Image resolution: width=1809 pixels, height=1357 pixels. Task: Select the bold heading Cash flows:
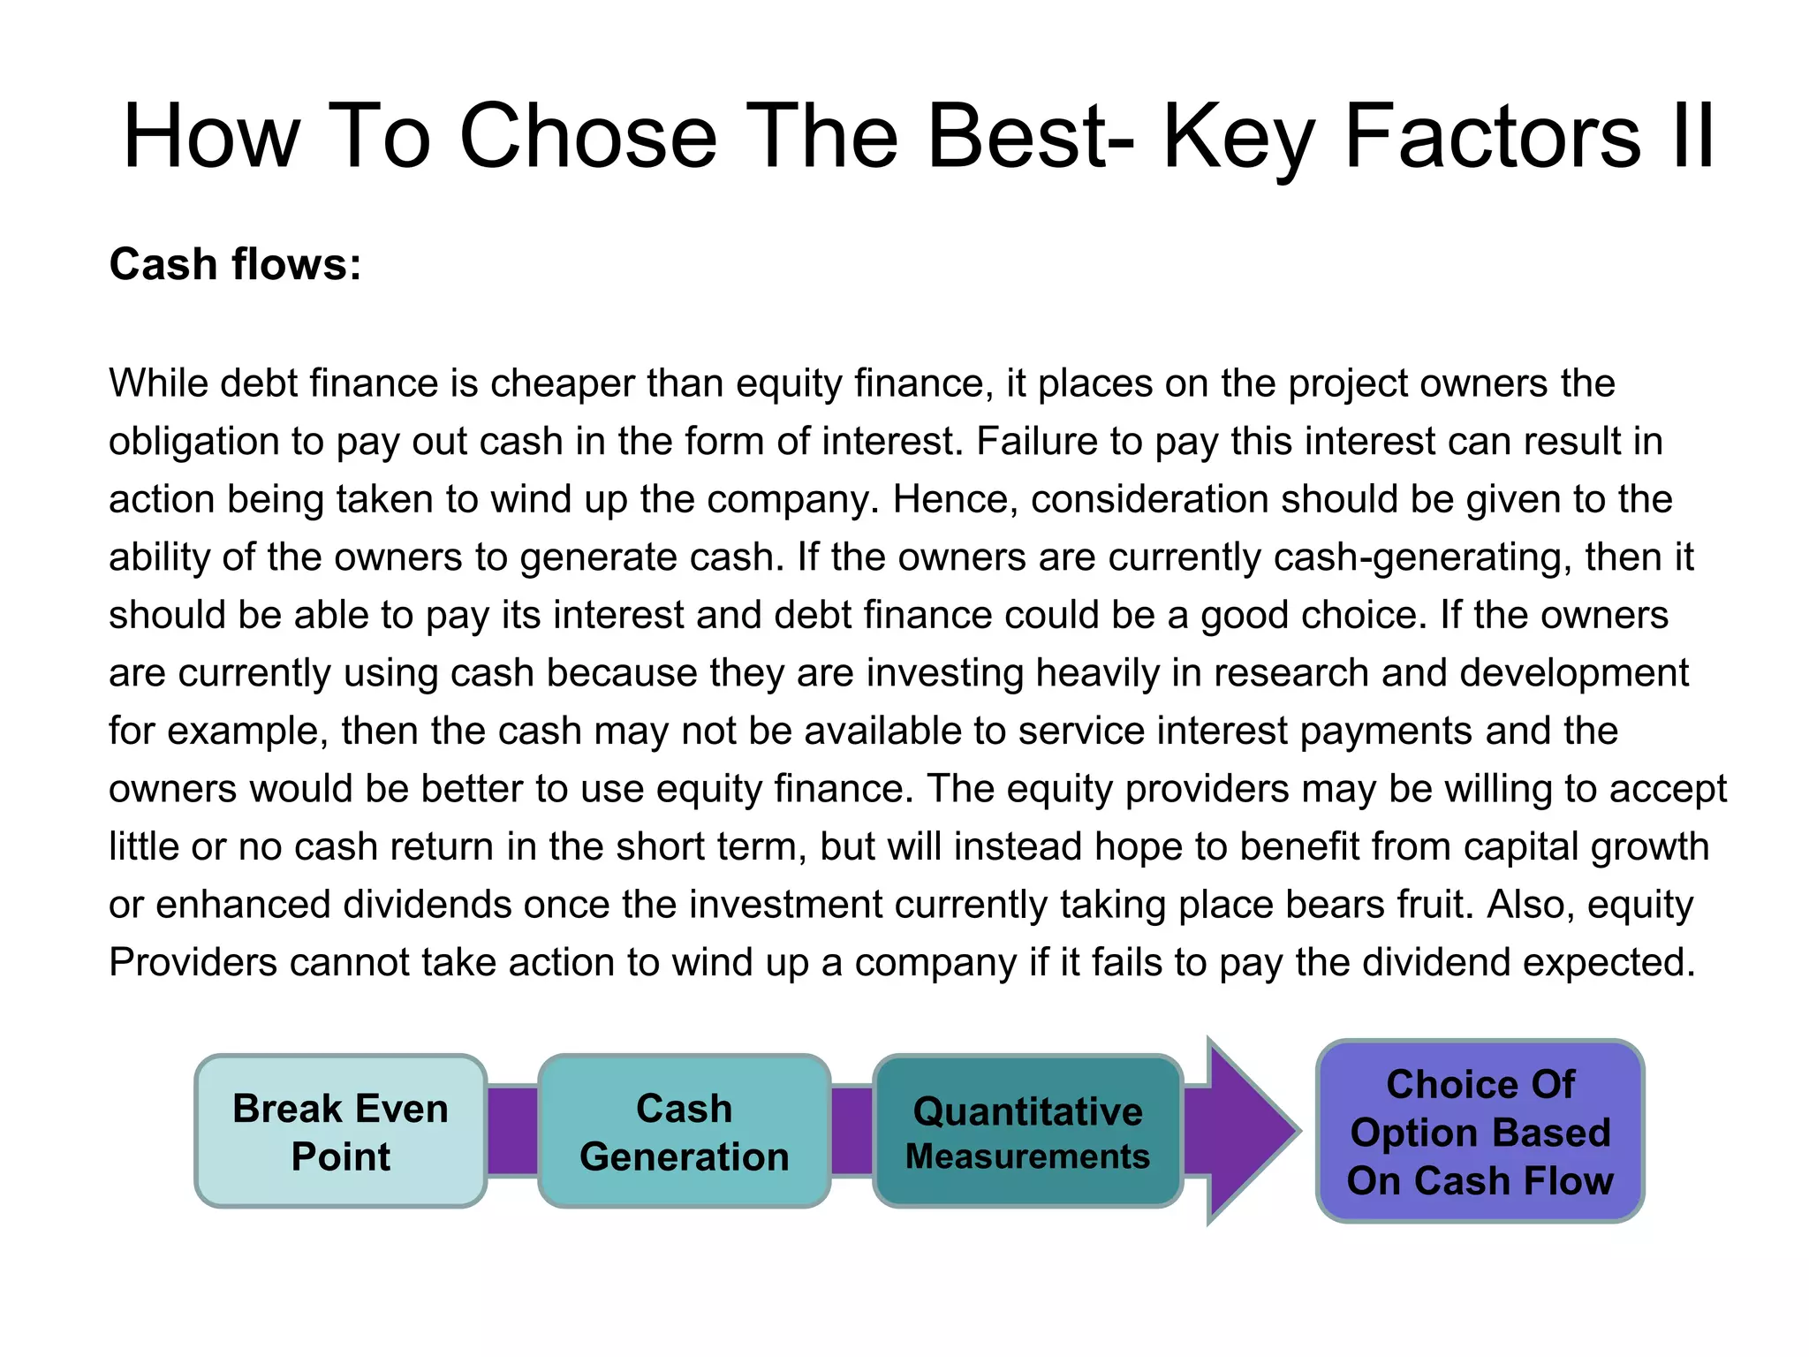pos(235,264)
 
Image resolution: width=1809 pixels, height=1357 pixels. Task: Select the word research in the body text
pos(1291,673)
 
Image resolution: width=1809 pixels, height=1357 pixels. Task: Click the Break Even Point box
pos(340,1131)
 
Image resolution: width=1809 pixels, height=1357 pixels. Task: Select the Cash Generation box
pos(684,1131)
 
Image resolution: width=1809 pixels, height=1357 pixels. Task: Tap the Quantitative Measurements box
pos(1027,1132)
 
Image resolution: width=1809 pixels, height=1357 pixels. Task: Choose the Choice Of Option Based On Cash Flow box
pos(1480,1132)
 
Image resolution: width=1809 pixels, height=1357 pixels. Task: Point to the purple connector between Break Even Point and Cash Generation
pos(512,1131)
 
